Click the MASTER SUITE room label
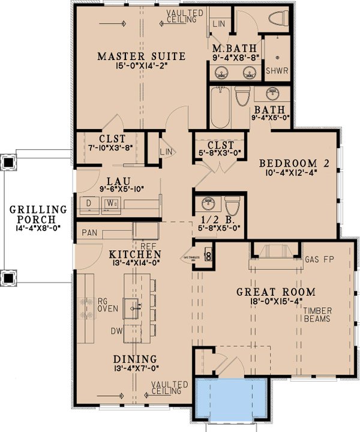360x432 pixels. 141,57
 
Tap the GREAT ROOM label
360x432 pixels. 275,292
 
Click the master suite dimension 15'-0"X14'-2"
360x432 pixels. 141,68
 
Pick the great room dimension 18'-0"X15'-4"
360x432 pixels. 275,303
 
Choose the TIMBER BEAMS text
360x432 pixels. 317,315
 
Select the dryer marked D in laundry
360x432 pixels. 89,203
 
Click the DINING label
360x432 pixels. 135,358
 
